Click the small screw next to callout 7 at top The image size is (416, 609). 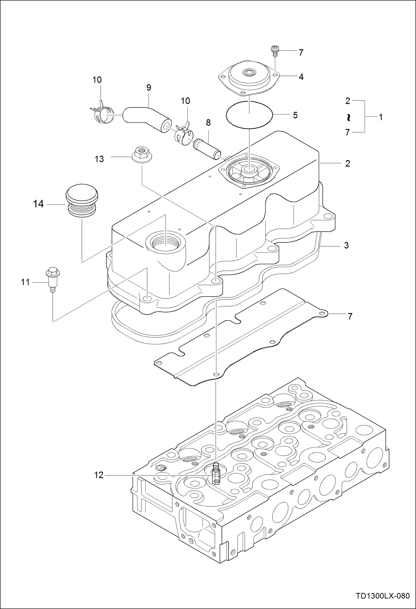275,51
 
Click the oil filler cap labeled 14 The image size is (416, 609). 82,200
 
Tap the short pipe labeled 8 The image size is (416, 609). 208,148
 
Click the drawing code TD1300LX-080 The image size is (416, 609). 383,596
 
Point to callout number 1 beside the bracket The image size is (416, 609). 381,117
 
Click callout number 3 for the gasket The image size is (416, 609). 346,245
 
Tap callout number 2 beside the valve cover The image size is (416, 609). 347,163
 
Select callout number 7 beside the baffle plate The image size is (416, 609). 350,316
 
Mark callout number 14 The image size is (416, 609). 38,204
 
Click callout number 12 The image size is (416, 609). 99,475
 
